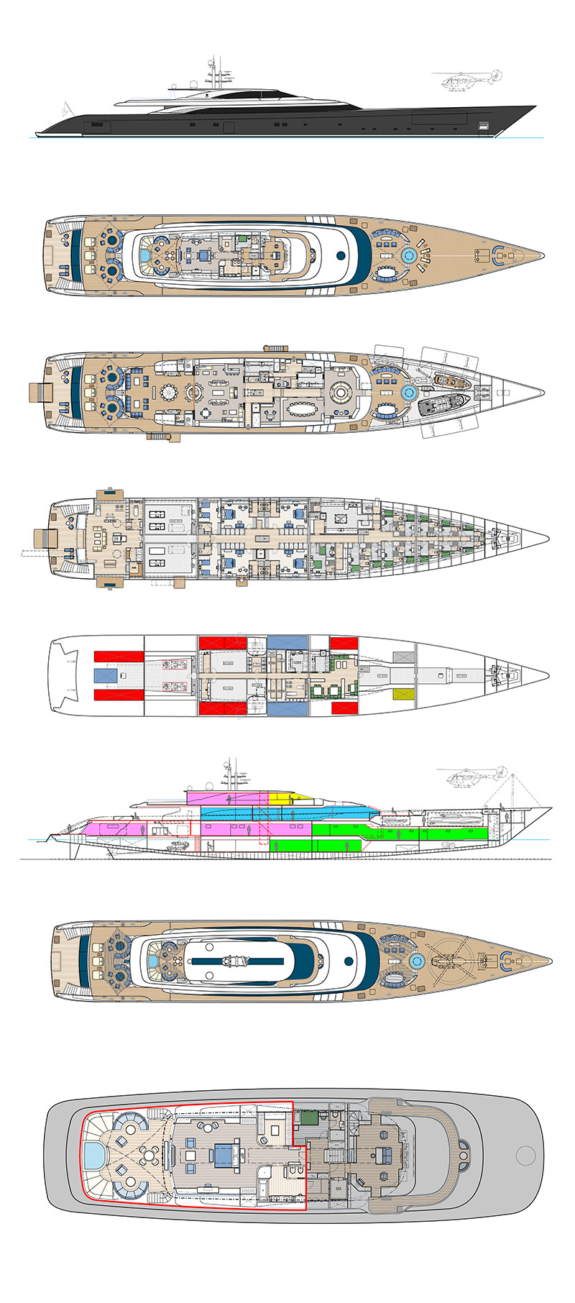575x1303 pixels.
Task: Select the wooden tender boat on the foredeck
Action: pos(450,379)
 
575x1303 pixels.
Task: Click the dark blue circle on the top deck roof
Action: pos(341,255)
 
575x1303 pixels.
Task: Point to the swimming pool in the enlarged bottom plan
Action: pos(93,1157)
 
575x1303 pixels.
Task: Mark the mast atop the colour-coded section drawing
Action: pos(229,772)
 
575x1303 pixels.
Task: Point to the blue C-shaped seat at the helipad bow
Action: pos(507,959)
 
